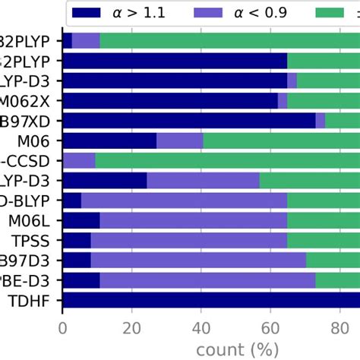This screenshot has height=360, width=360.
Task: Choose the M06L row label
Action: pos(30,221)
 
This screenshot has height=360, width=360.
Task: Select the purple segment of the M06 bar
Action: pos(180,140)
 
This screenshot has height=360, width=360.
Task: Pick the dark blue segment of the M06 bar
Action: pos(109,140)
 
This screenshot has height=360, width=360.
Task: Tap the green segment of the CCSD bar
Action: pos(228,160)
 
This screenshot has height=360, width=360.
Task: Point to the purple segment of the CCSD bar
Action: pos(79,160)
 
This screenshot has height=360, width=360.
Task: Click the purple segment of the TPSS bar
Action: pos(189,241)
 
